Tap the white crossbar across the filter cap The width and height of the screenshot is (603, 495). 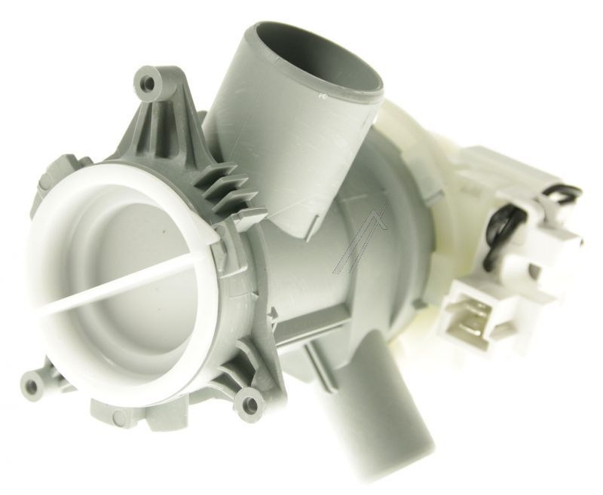tap(113, 279)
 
